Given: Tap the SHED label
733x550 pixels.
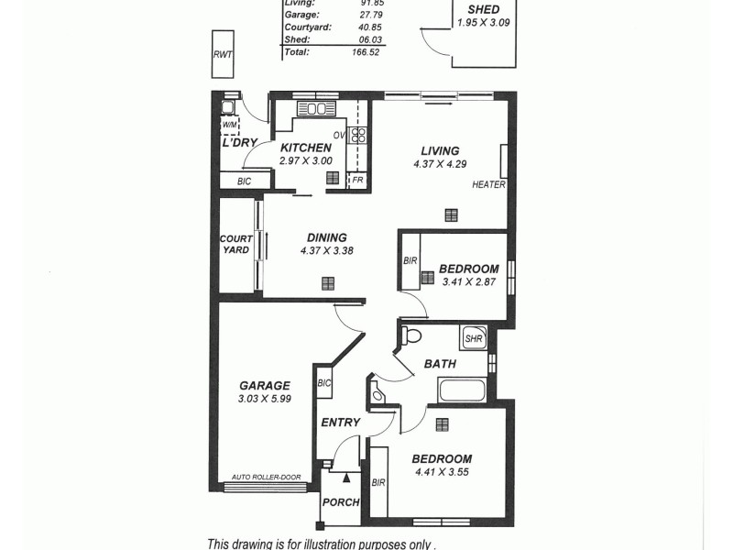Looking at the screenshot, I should pos(483,10).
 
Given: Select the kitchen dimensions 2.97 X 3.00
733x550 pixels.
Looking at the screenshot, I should pos(306,161).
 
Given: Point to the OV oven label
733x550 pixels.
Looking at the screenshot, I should pos(338,135).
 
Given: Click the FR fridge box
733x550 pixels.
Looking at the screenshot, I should pos(357,180).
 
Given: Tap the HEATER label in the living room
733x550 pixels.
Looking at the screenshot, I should pos(488,184).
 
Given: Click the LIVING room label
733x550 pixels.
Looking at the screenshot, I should pos(440,151).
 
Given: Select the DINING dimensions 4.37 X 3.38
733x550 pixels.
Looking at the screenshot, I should pos(327,250).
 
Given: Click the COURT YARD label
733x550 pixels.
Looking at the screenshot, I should pos(235,245).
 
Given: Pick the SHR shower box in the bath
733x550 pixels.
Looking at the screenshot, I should pos(474,338).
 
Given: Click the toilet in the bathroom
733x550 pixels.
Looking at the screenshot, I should pos(410,335).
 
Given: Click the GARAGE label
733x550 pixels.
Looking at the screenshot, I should pos(264,386).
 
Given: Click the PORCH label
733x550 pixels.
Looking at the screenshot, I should pos(340,502).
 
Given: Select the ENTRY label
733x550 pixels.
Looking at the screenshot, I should pos(340,422).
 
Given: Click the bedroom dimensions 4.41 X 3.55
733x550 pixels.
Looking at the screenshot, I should pos(441,473).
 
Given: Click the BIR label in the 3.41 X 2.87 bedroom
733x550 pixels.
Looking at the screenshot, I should pos(410,261).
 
